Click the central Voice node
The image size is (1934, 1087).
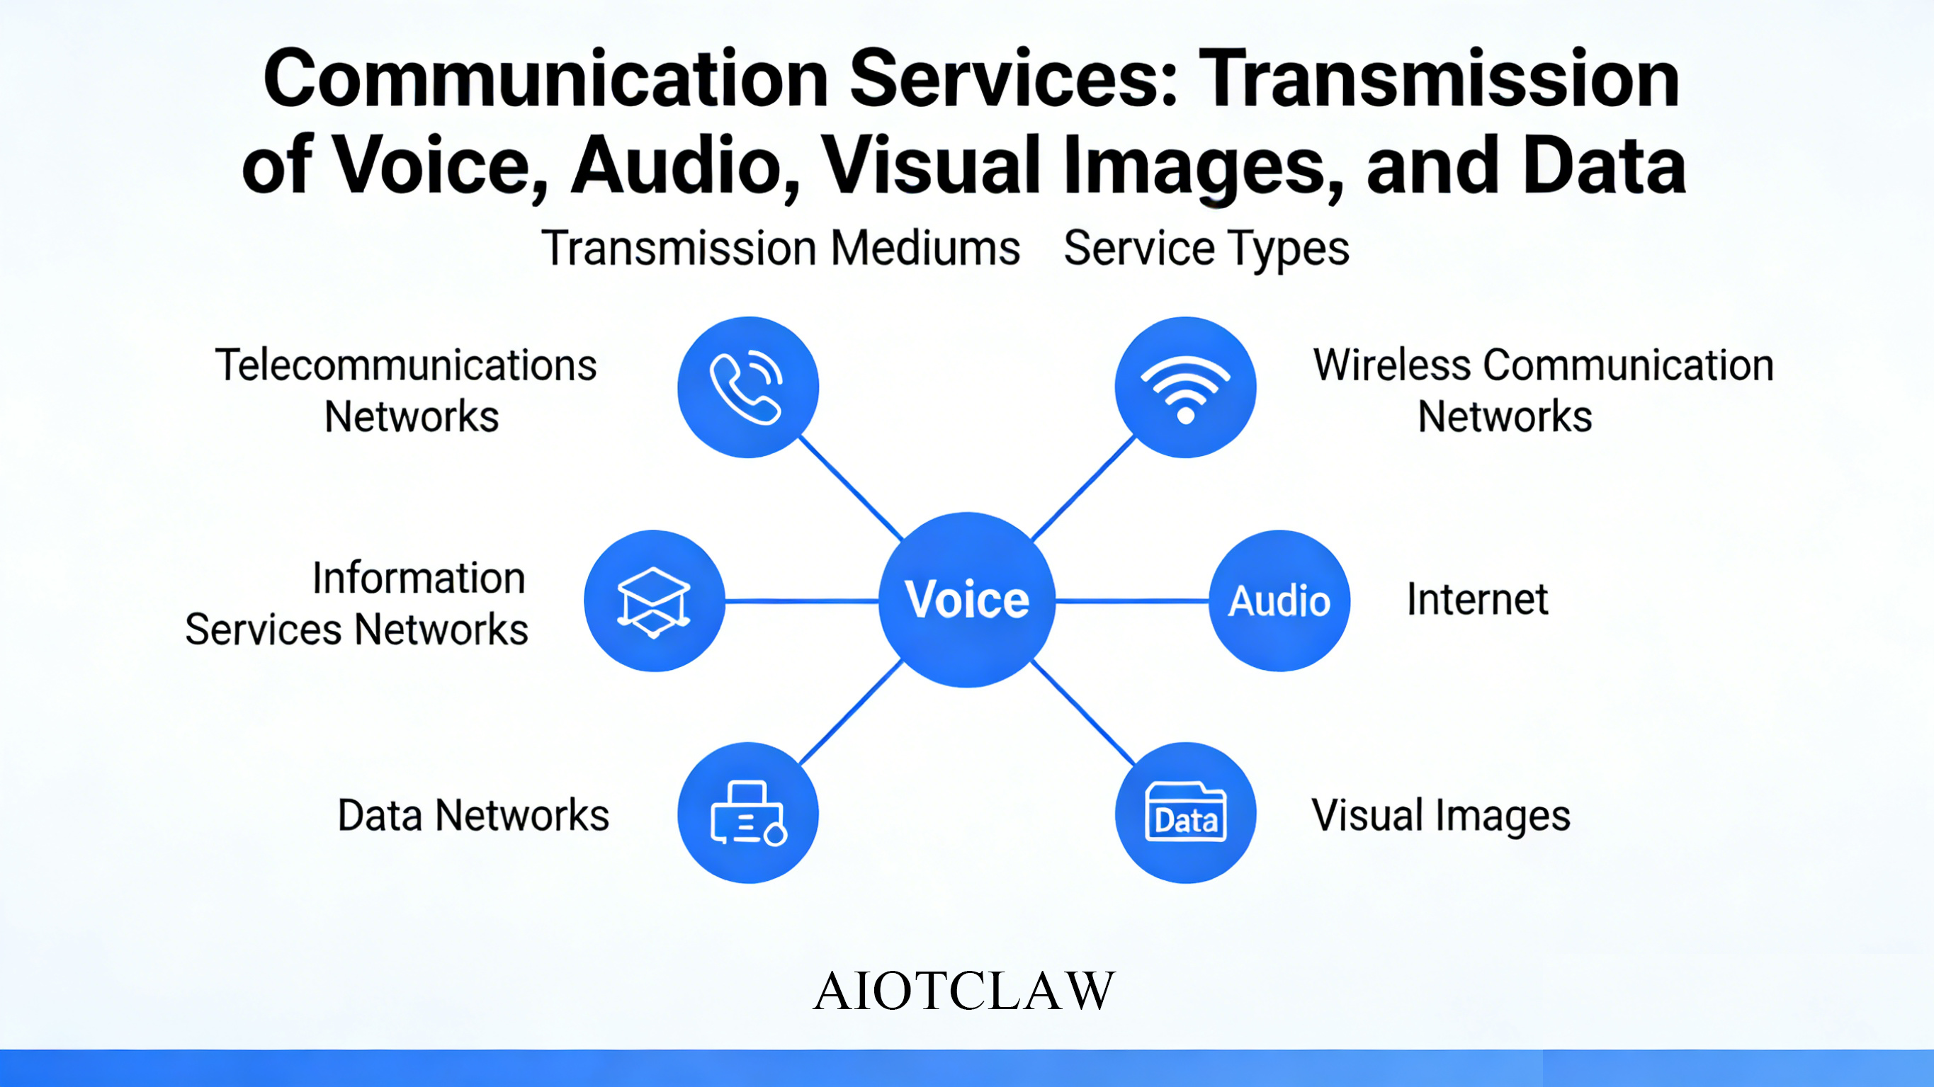[967, 600]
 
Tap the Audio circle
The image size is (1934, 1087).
[1279, 601]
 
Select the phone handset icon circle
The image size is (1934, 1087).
[748, 387]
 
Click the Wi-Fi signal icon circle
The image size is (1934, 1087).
[1185, 387]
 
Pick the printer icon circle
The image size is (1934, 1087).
[748, 813]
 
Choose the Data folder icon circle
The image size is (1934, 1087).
[1185, 813]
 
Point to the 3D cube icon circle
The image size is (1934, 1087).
[655, 601]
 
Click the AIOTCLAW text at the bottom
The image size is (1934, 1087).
[964, 991]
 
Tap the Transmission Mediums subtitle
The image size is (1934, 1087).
[781, 248]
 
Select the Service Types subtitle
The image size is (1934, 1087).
[1206, 249]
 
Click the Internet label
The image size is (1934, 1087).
[1478, 599]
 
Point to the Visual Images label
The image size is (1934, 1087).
[1441, 816]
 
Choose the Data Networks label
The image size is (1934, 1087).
[473, 815]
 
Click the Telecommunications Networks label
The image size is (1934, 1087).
[406, 390]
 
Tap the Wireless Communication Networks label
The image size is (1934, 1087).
[1543, 390]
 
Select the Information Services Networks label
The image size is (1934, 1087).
[356, 603]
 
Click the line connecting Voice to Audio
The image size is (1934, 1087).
[1132, 601]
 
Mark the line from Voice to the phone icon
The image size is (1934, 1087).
[850, 488]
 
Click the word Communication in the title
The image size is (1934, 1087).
[545, 78]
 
